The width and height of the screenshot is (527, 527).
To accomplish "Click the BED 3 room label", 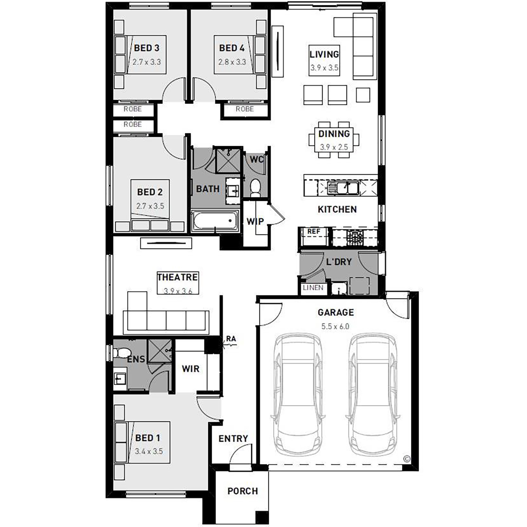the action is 147,48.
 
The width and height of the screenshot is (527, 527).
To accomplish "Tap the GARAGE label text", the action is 336,312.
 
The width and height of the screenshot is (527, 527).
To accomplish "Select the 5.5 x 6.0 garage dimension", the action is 335,326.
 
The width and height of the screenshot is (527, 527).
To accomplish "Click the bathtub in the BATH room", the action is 215,220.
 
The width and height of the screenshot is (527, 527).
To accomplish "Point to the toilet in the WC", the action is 255,188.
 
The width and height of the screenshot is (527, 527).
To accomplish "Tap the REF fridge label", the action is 314,232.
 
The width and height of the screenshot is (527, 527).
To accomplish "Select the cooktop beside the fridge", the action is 355,238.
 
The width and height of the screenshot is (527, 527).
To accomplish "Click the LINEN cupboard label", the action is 313,288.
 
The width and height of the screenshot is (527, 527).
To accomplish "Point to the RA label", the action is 231,339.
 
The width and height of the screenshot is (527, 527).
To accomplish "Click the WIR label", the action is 190,369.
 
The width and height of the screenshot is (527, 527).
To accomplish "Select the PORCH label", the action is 242,491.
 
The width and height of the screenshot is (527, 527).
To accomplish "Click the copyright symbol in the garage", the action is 407,459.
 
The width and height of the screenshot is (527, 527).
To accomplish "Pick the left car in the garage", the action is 297,395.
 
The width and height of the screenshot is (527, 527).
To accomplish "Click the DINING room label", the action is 334,134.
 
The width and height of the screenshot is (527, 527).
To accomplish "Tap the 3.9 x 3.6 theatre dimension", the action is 178,291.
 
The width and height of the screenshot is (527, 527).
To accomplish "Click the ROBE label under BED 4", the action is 245,109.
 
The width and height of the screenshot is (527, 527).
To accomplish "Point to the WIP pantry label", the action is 255,221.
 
